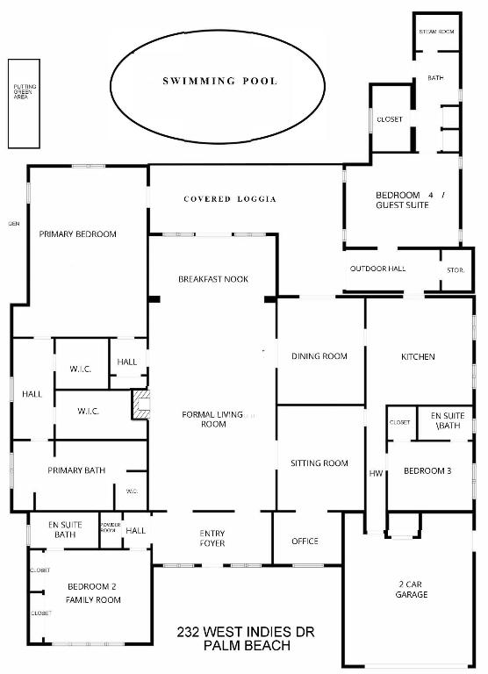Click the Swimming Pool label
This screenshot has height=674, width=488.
(219, 81)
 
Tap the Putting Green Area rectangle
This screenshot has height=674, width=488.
(22, 104)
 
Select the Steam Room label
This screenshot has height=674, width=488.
(436, 32)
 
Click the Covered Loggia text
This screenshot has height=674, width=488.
(230, 199)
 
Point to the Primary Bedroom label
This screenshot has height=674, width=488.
(77, 234)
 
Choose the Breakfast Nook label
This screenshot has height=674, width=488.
(213, 279)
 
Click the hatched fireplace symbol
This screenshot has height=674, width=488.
(140, 404)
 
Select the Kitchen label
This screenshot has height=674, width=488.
(418, 356)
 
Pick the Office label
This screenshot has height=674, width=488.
(305, 541)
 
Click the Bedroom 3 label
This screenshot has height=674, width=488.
(427, 471)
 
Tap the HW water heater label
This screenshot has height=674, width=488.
(376, 474)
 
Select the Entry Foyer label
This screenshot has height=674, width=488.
(212, 538)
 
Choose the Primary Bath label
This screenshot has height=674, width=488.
(76, 470)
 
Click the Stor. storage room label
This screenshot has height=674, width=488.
(456, 269)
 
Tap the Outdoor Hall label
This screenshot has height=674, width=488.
(377, 269)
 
